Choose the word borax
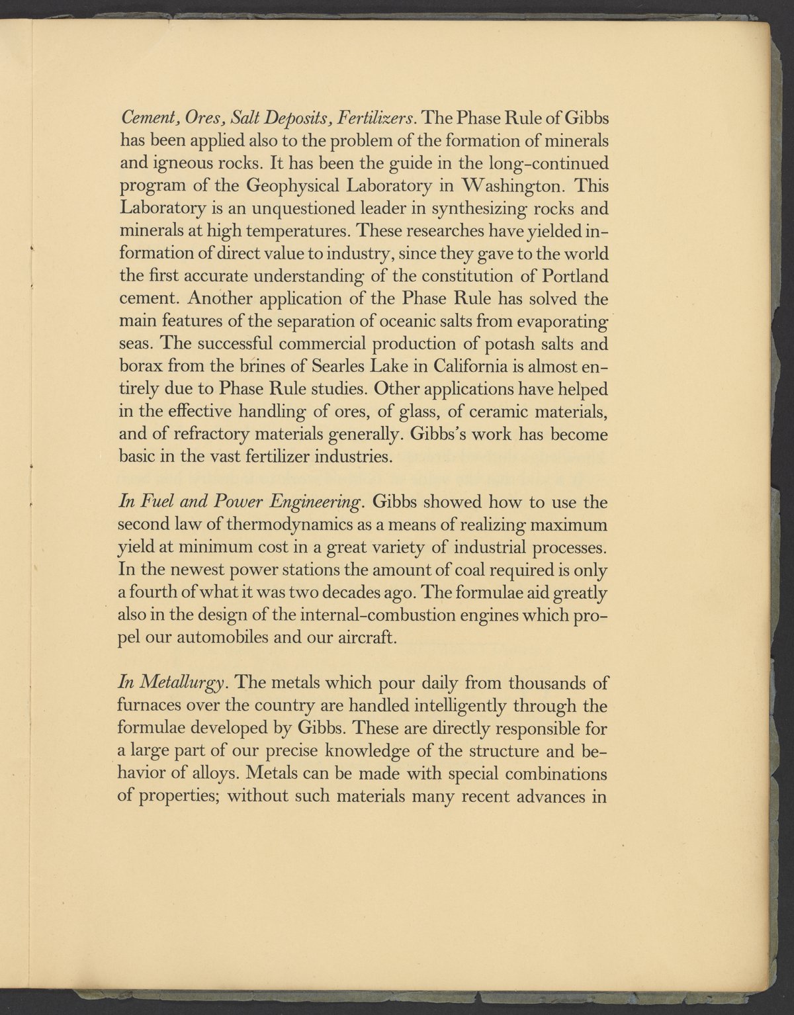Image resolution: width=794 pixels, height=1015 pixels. pos(139,367)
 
